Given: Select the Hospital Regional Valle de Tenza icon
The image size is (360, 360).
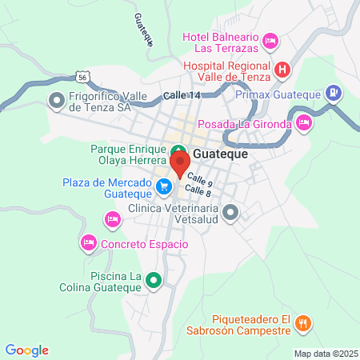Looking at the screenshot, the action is point(282,70).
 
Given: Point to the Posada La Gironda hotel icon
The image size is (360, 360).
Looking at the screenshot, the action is point(303,122).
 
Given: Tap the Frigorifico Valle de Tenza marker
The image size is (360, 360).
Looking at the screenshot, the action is point(56,100).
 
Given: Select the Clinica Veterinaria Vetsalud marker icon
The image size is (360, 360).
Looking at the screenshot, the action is point(230,212).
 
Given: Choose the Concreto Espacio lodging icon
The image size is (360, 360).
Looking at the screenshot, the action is point(89,242).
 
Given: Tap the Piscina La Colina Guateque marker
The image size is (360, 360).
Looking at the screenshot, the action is point(155,281).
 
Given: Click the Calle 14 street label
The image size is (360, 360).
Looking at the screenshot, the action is point(182,95).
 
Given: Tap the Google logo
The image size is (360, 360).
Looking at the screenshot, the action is point(27,350).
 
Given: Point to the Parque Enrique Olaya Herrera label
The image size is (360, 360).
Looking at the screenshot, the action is point(128,154).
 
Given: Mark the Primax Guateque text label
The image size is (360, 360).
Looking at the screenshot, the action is point(278,94).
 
